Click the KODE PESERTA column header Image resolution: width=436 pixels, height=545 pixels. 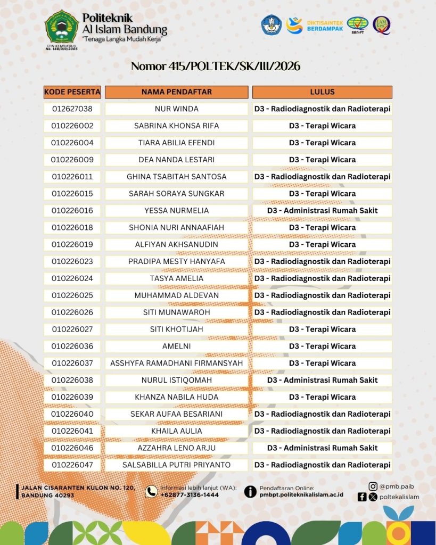point(72,92)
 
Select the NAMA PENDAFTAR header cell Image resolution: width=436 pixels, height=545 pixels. point(176,92)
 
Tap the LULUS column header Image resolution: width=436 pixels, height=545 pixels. point(322,92)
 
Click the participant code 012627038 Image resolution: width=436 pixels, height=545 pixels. point(72,109)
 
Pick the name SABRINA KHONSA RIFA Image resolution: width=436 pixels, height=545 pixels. point(176,126)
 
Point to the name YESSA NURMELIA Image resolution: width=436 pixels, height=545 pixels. point(176,210)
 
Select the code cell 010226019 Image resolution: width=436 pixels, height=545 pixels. point(72,244)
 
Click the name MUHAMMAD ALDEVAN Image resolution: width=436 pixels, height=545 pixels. point(176,295)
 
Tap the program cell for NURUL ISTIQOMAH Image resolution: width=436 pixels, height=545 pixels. point(322,380)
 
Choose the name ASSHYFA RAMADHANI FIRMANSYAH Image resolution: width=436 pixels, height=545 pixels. point(176,363)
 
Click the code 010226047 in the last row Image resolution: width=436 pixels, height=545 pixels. point(72,465)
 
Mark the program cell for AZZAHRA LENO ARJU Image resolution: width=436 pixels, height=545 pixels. point(322,448)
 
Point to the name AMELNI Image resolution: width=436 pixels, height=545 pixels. point(176,346)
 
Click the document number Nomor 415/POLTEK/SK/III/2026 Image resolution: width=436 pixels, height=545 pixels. point(216,66)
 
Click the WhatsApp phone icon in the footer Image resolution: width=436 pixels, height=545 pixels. point(152,491)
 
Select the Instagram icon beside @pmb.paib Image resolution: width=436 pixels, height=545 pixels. point(373,486)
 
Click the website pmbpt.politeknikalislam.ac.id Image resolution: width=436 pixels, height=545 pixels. point(301,494)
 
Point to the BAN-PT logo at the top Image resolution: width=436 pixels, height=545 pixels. point(357,25)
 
